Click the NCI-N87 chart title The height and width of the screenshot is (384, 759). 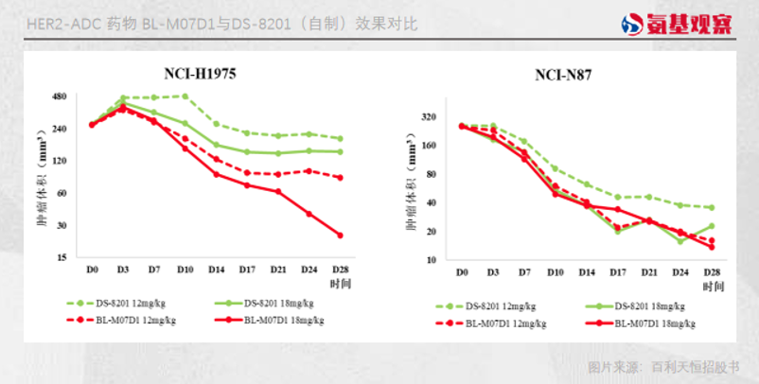(564, 76)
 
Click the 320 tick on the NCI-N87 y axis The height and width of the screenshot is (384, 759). (429, 117)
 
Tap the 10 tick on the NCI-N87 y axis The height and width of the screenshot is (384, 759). (432, 260)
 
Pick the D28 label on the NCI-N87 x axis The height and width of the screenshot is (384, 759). (712, 272)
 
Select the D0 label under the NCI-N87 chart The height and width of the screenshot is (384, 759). (462, 272)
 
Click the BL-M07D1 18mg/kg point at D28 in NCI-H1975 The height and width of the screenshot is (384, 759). (340, 235)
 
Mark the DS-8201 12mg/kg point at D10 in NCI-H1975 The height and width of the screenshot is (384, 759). (185, 96)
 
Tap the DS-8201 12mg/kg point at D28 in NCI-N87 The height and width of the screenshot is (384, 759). (712, 207)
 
